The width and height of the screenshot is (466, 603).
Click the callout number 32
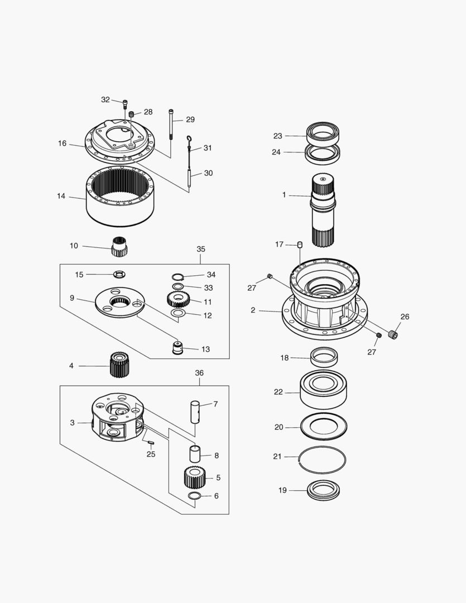tap(105, 100)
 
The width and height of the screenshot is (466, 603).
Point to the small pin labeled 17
tap(300, 245)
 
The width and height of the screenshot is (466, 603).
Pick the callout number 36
tap(199, 372)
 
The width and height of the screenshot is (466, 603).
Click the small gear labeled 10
tap(119, 246)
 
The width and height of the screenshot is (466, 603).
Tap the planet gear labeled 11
tap(179, 300)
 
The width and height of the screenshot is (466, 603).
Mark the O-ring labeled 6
tap(195, 496)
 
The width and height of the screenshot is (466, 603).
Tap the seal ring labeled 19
tap(324, 490)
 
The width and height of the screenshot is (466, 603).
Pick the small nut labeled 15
tap(119, 274)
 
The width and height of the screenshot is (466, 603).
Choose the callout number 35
tap(201, 249)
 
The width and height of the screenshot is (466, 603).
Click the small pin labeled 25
tap(151, 443)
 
